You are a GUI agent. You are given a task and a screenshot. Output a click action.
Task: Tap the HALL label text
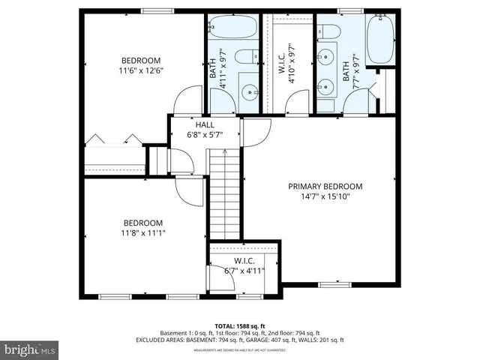click(205, 125)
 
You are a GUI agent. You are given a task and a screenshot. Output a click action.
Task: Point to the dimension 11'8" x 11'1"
click(142, 233)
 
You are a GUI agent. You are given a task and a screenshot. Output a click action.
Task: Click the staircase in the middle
click(223, 191)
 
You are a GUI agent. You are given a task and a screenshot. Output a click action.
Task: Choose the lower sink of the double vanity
click(325, 85)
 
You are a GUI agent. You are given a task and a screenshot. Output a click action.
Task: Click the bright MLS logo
click(30, 349)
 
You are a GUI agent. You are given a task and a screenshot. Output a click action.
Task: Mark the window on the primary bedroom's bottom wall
click(329, 284)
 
